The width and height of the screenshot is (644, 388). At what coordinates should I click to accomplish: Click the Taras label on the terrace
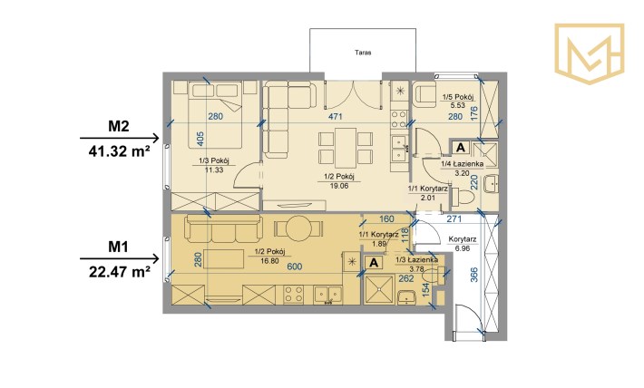(363, 53)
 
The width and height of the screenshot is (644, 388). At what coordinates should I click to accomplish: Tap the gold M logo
(590, 53)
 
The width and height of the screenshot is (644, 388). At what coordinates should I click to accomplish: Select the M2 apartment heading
(119, 126)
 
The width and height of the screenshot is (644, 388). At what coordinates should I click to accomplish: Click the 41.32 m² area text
(119, 151)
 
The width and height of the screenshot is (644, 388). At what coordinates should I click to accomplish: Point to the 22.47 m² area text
(119, 271)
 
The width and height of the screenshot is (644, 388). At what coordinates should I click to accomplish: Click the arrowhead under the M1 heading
(155, 258)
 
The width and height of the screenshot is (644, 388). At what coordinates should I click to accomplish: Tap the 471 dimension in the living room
(336, 117)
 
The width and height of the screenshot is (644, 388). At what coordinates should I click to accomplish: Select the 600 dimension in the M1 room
(295, 267)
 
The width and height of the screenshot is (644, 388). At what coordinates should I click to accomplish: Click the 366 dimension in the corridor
(474, 275)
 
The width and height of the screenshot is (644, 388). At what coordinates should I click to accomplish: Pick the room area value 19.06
(339, 186)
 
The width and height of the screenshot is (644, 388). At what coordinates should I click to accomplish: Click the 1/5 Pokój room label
(457, 97)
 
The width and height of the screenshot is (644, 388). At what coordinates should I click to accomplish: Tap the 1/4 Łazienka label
(462, 164)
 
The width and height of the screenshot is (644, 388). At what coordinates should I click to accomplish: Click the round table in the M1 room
(298, 228)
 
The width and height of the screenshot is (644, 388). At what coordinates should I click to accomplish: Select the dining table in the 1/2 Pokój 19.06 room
(345, 148)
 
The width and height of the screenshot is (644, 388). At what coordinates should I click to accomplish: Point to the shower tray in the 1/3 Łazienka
(378, 290)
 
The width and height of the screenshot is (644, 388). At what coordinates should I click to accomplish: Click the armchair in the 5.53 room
(424, 95)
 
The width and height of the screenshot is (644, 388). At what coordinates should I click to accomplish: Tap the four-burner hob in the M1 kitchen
(295, 295)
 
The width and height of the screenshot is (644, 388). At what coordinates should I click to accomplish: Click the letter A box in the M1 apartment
(374, 263)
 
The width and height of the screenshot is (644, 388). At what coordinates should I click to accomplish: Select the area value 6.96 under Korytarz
(463, 248)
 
